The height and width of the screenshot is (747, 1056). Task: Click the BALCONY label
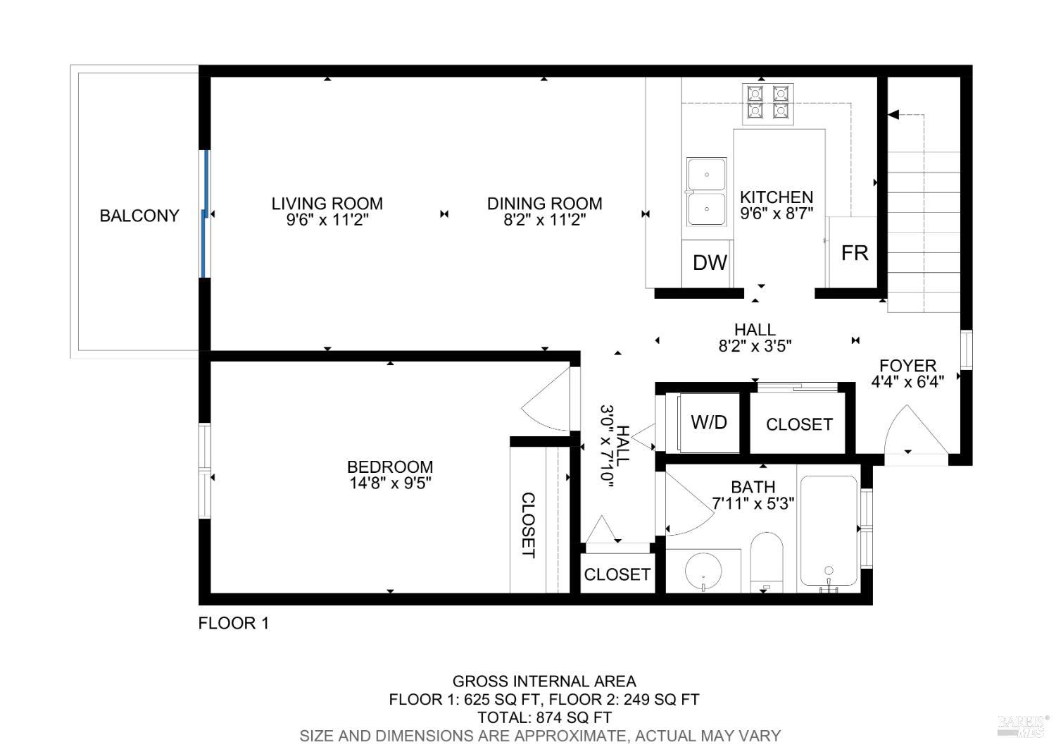[139, 216]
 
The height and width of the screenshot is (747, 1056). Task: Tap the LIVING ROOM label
[327, 204]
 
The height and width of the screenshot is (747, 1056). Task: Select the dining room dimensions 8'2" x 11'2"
[544, 220]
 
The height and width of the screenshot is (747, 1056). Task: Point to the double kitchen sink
[706, 192]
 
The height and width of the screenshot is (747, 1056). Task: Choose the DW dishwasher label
[710, 263]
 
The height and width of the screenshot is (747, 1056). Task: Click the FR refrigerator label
[854, 254]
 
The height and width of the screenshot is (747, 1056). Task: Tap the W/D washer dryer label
[708, 422]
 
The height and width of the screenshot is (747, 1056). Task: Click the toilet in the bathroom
[766, 562]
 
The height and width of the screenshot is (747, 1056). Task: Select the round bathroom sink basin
[703, 571]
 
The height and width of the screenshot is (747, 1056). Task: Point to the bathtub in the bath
[829, 531]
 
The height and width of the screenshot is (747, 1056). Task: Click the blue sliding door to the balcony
[205, 214]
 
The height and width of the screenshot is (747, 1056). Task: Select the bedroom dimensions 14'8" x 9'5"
[390, 483]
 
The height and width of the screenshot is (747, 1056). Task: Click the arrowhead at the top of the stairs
[893, 115]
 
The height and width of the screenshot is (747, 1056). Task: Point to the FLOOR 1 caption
[233, 624]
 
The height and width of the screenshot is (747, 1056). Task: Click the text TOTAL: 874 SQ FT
[544, 717]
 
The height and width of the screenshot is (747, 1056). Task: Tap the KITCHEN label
[777, 197]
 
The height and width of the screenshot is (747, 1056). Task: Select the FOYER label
[907, 366]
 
